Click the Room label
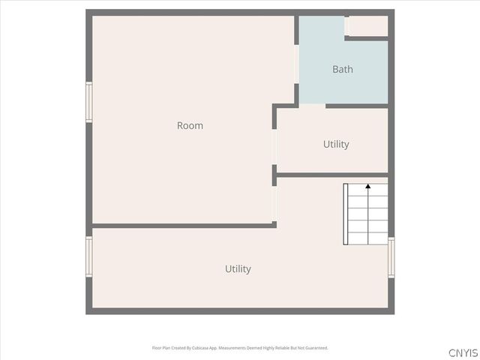point(190,126)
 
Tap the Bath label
point(343,70)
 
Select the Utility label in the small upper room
point(336,144)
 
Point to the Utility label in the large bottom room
point(238,268)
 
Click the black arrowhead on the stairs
point(367,185)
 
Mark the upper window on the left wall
point(88,102)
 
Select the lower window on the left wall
point(88,257)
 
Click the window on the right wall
point(391,257)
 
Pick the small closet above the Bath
point(368,25)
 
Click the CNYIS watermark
point(463,352)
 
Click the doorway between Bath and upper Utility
point(313,106)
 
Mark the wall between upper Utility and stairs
point(332,175)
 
